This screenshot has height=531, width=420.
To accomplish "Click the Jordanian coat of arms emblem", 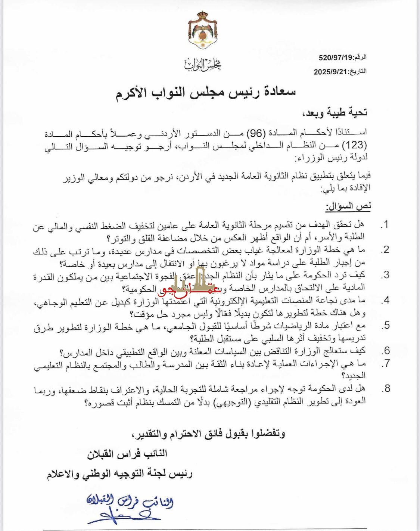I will pos(203,31).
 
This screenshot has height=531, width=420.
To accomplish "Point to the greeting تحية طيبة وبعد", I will pos(334,112).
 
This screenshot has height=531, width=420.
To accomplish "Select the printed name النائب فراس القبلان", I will pos(127,454).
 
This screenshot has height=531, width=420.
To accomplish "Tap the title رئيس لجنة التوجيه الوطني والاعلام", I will pos(119,474).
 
